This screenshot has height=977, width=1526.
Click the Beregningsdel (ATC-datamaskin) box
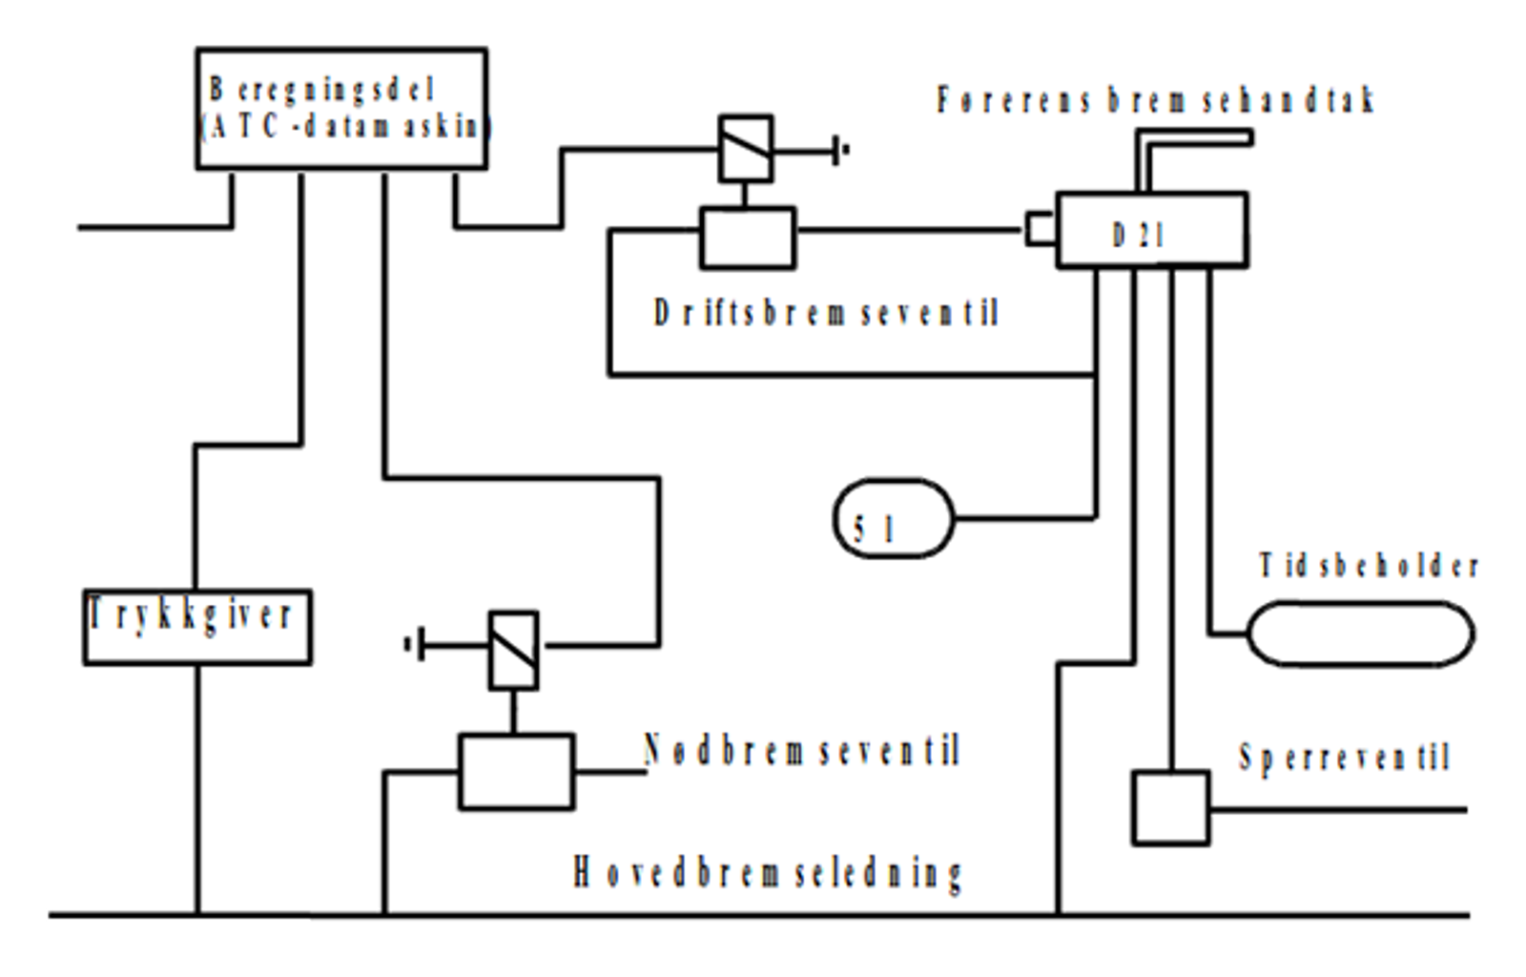(x=341, y=109)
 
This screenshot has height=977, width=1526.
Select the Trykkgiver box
(x=197, y=627)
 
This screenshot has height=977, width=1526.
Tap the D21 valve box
(x=1151, y=230)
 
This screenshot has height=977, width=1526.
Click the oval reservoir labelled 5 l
(x=893, y=519)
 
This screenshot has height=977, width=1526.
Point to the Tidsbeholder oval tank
(x=1361, y=633)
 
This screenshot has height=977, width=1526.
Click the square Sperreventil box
(x=1170, y=808)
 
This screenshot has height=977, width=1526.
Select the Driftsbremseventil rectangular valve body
(x=748, y=238)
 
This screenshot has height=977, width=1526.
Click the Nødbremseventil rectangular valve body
(x=516, y=771)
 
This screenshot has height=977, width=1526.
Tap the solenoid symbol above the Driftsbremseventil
(x=745, y=149)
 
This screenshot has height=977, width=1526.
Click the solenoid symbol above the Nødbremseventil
(x=513, y=650)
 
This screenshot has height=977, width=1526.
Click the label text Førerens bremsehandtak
(x=1154, y=100)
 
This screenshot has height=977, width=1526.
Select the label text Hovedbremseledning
(x=768, y=873)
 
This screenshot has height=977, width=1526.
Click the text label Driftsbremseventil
(x=826, y=313)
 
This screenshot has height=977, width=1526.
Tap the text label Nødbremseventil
(x=801, y=751)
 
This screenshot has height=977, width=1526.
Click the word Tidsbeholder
(x=1369, y=566)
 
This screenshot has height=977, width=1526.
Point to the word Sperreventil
(x=1344, y=759)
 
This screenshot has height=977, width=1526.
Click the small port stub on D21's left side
(x=1040, y=229)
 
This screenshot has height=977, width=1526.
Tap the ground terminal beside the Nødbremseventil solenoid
(x=414, y=646)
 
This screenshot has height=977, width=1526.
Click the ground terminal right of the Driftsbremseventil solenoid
(x=839, y=150)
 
